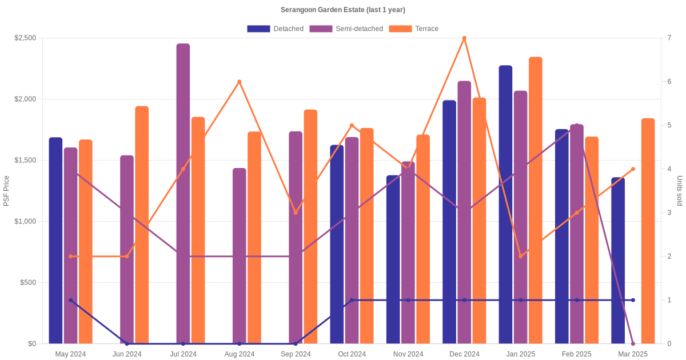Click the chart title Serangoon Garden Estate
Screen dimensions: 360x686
click(342, 10)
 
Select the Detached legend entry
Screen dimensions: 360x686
click(276, 29)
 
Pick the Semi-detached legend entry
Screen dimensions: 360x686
click(346, 29)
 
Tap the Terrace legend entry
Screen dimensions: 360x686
click(414, 29)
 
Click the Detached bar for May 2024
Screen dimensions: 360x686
click(55, 241)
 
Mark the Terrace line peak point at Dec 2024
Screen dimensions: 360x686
click(464, 38)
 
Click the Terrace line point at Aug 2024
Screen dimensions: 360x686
click(240, 82)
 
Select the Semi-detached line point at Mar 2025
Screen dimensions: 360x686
click(633, 343)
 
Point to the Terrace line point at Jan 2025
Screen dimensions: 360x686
click(520, 257)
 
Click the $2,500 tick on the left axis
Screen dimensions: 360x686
click(25, 38)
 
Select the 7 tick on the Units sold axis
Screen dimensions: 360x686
click(668, 38)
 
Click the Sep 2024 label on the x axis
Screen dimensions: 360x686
click(296, 354)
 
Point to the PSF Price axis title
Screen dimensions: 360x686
click(6, 191)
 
